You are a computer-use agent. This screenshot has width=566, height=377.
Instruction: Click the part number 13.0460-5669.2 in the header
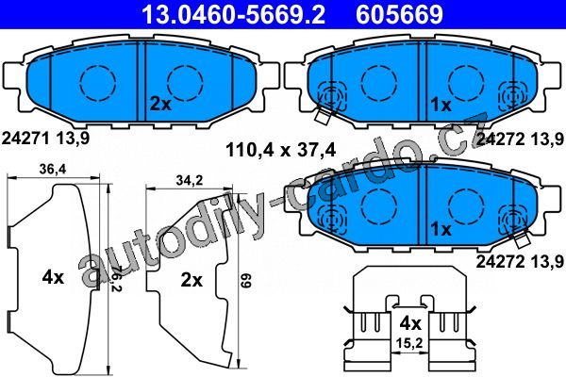tap(234, 14)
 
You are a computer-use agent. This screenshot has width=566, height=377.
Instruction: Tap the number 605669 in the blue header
tap(400, 14)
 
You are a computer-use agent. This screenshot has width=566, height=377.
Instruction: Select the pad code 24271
tap(25, 139)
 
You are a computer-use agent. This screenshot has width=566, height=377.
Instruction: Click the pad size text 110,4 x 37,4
tap(280, 149)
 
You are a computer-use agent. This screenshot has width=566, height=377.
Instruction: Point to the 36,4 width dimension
tap(53, 169)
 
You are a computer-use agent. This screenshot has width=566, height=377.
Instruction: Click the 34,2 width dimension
tap(190, 180)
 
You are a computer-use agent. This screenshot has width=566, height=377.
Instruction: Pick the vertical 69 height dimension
tap(245, 280)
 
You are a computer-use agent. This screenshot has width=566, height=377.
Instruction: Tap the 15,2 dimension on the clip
tap(409, 343)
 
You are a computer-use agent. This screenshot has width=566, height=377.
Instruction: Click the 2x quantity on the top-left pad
tap(160, 105)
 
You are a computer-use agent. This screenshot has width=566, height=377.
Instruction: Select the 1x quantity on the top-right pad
tap(441, 105)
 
